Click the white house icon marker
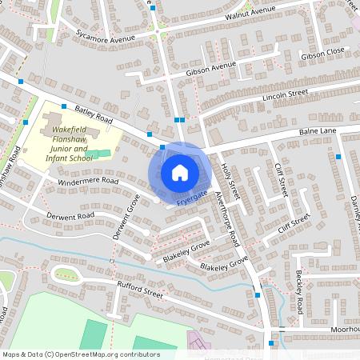click(x=180, y=172)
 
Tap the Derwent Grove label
click(x=127, y=222)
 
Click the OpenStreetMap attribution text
click(x=80, y=354)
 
